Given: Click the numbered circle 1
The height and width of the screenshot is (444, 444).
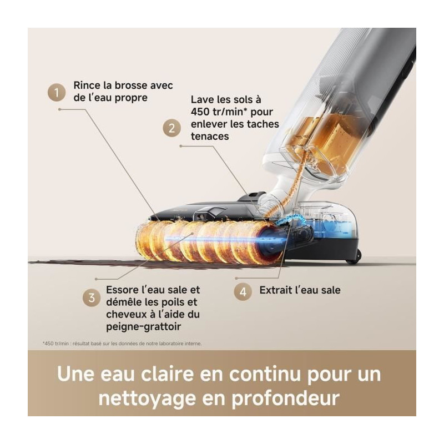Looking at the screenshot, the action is (57, 92).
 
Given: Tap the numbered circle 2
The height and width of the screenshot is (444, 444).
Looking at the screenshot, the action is (172, 128).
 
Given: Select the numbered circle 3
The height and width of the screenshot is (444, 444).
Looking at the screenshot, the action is (92, 297).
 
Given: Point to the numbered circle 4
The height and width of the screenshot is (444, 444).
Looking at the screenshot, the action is (243, 292).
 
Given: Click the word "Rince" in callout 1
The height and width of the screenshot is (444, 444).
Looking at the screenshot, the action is (87, 85).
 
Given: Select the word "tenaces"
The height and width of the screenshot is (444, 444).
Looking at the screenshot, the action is (210, 136).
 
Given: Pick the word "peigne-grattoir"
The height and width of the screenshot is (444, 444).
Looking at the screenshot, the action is (143, 326).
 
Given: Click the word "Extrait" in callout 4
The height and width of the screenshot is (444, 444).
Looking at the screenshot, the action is (276, 290).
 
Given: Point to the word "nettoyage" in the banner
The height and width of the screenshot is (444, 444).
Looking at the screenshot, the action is (147, 398).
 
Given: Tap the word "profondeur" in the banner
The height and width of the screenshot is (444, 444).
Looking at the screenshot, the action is (286, 398).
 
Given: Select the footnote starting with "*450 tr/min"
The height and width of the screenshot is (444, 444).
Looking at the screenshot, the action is (122, 344).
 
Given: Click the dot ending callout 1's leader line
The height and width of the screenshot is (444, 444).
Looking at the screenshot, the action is (59, 109).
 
